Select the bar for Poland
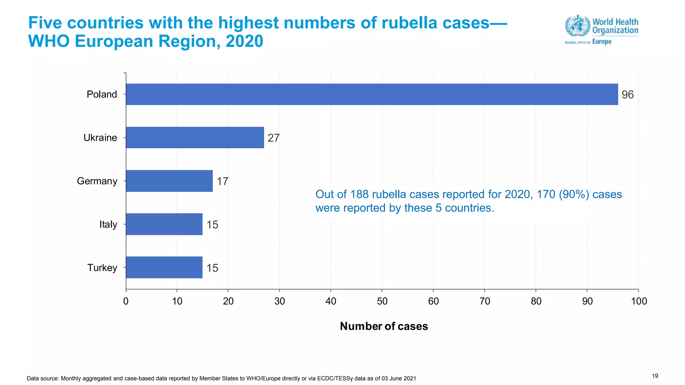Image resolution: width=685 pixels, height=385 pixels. tap(372, 94)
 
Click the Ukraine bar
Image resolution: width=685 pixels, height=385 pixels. tap(195, 137)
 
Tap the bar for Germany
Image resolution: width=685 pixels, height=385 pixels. tap(169, 181)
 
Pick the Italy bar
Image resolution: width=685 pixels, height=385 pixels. tap(164, 224)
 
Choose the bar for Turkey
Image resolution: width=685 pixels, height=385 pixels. tap(164, 267)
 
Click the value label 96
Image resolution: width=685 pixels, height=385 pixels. tap(627, 95)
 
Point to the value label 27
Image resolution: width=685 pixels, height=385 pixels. tap(273, 138)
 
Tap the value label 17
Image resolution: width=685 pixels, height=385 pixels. tap(222, 181)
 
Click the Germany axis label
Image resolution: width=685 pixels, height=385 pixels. tap(97, 181)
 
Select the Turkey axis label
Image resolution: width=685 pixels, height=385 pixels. tap(102, 268)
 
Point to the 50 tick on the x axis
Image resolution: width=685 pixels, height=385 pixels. tap(382, 301)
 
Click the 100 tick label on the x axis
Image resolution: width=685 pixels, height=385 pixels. tap(639, 301)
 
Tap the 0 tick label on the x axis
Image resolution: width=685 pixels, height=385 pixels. tap(126, 301)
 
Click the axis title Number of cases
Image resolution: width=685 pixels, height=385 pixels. tap(384, 326)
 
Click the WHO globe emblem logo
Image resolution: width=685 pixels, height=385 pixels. tap(577, 25)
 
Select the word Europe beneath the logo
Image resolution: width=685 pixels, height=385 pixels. tap(602, 42)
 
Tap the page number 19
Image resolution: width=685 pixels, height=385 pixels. tap(655, 376)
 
